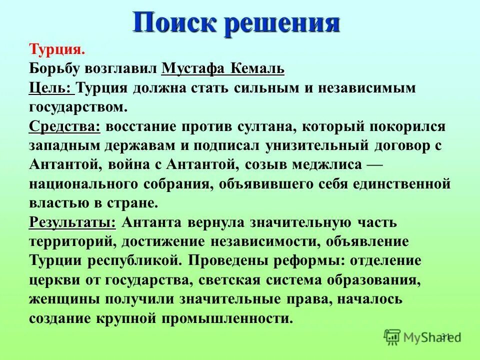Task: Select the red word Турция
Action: pos(57,50)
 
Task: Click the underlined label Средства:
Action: pos(64,126)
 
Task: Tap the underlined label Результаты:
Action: pos(72,222)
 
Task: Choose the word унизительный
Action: pos(303,145)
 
